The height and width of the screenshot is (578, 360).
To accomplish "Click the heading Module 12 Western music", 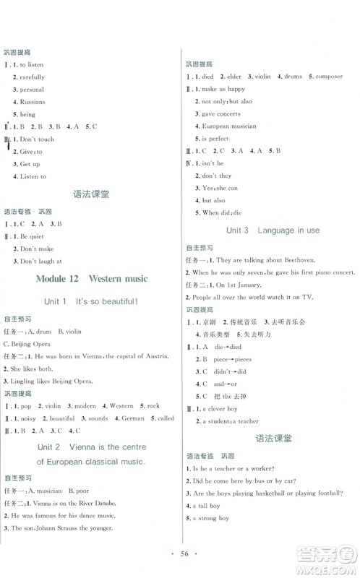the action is (90, 278).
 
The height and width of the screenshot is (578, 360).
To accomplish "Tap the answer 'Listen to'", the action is (33, 176).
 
